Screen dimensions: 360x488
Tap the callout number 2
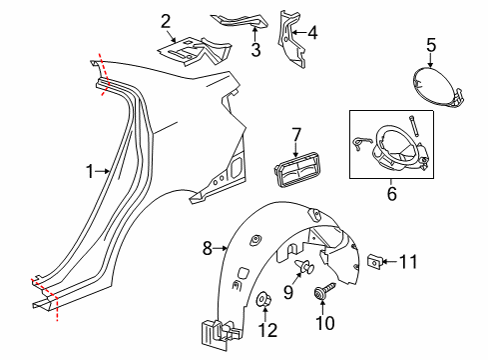point(166,19)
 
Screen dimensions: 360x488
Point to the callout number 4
point(312,32)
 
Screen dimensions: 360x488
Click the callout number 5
point(431,44)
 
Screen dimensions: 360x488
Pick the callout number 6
point(391,194)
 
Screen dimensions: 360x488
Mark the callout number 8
point(207,246)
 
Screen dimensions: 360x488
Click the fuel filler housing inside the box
point(393,145)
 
